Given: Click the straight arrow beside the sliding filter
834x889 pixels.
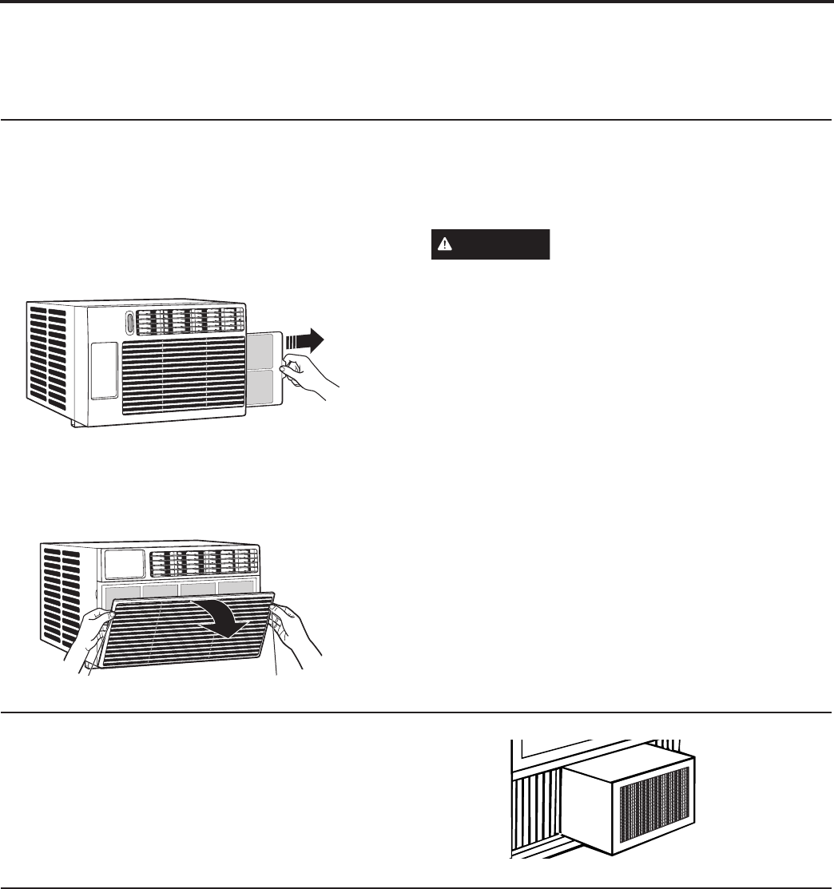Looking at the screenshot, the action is click(304, 341).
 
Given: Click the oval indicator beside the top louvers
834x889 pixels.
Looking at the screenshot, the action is click(129, 323).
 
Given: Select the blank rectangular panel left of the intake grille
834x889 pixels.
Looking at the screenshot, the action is click(103, 371).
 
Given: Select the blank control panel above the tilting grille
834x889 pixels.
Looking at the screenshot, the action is click(124, 564).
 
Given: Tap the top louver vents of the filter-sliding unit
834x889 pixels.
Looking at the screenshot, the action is click(190, 321).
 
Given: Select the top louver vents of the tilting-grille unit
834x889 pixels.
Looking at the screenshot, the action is click(203, 562).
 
